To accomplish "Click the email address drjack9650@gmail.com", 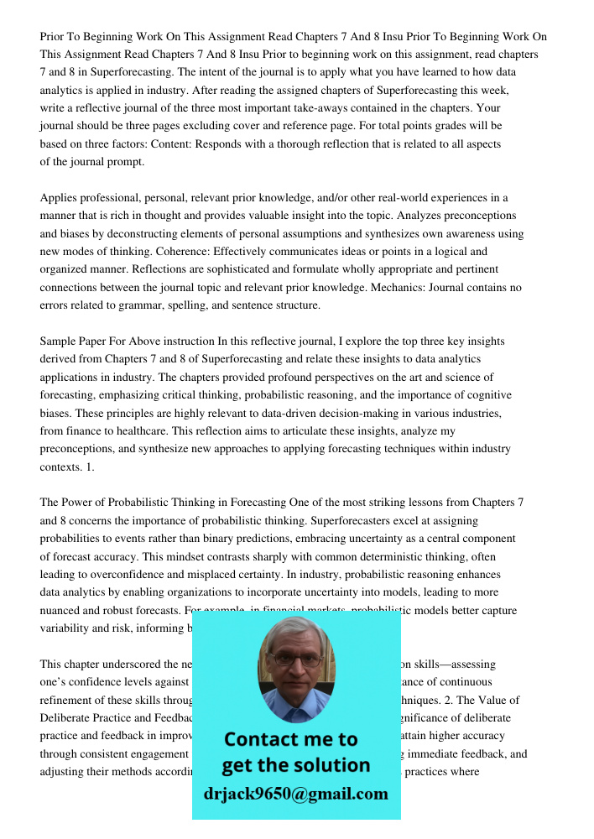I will click(295, 794).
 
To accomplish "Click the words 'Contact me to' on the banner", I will click(290, 739).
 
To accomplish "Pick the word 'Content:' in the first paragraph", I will click(241, 143).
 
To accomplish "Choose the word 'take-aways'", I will click(300, 107).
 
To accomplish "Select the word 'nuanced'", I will click(63, 611).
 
